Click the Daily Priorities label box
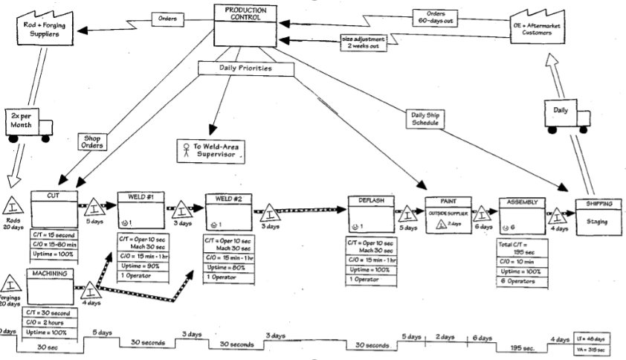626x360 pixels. [245, 68]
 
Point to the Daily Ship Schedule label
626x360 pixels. [426, 119]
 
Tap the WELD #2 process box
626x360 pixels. [230, 214]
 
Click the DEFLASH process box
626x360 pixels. [371, 216]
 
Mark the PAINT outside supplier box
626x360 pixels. [449, 213]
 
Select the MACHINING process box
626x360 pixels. [48, 286]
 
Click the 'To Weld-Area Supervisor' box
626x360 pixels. [212, 151]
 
